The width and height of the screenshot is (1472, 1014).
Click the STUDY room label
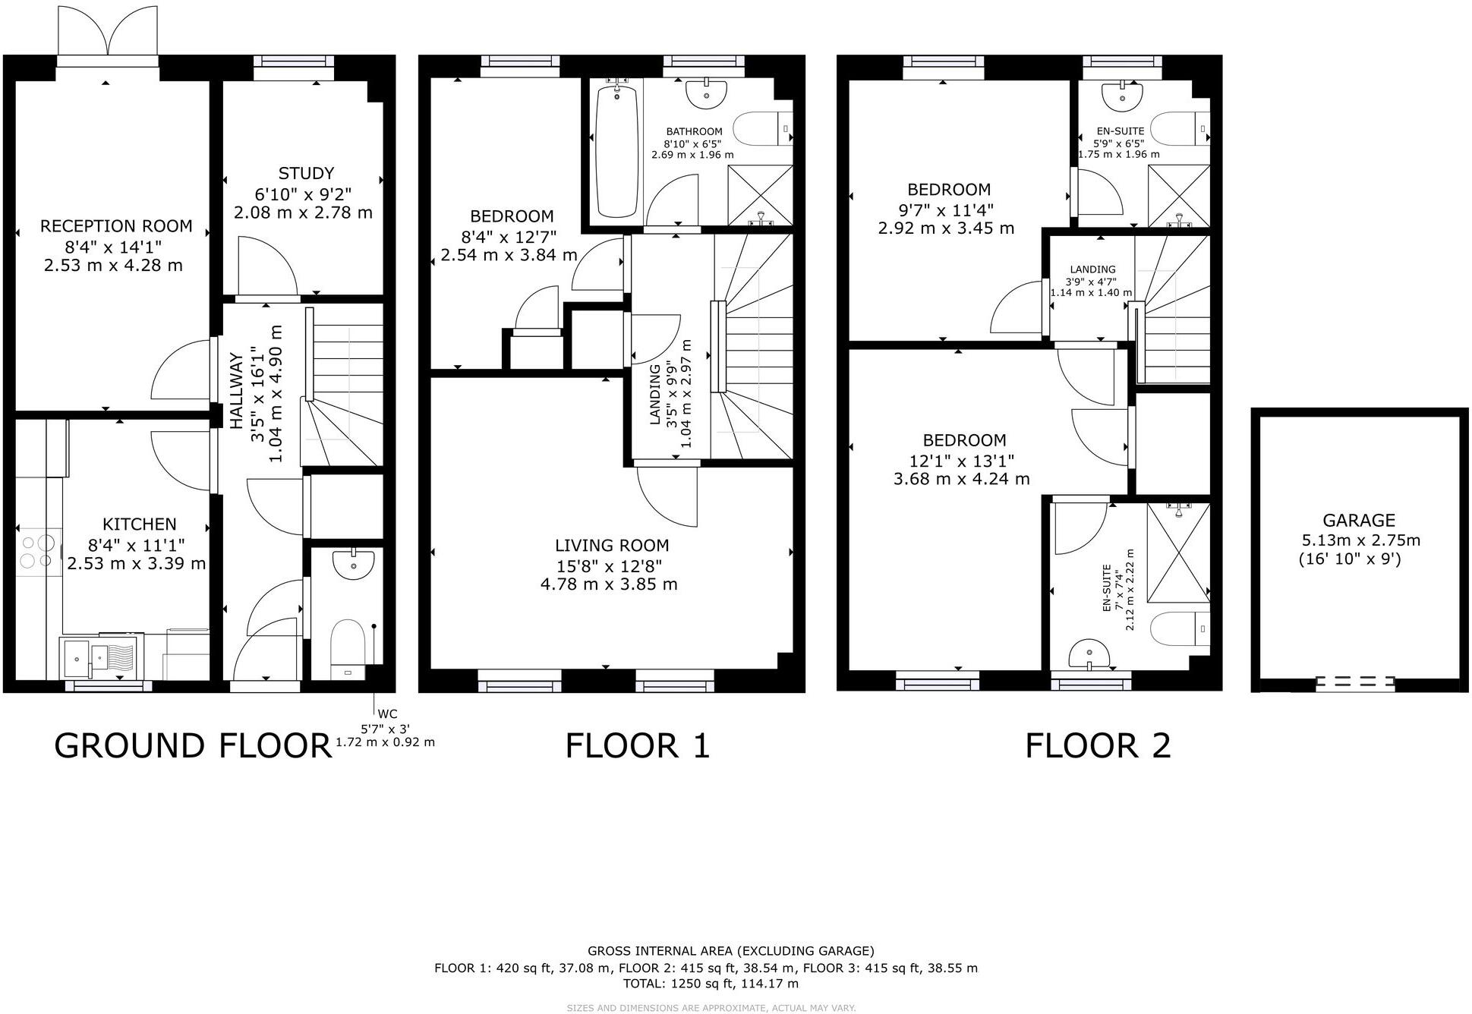pyautogui.click(x=306, y=173)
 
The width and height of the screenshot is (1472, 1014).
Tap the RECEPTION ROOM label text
pyautogui.click(x=116, y=226)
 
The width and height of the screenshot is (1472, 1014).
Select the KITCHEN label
pyautogui.click(x=139, y=524)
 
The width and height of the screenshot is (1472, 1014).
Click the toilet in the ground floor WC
pyautogui.click(x=348, y=647)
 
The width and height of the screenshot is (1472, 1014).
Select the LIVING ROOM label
pyautogui.click(x=612, y=546)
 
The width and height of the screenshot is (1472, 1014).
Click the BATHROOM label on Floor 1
pyautogui.click(x=694, y=131)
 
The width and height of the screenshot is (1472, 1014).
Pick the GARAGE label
pyautogui.click(x=1358, y=521)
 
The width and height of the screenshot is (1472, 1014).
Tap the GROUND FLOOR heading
pyautogui.click(x=194, y=746)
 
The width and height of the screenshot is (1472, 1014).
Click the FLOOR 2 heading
pyautogui.click(x=1098, y=746)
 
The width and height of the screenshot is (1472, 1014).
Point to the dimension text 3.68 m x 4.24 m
pyautogui.click(x=961, y=479)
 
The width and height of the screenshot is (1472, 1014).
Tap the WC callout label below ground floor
pyautogui.click(x=388, y=714)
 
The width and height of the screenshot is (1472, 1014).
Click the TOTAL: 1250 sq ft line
pyautogui.click(x=711, y=984)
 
